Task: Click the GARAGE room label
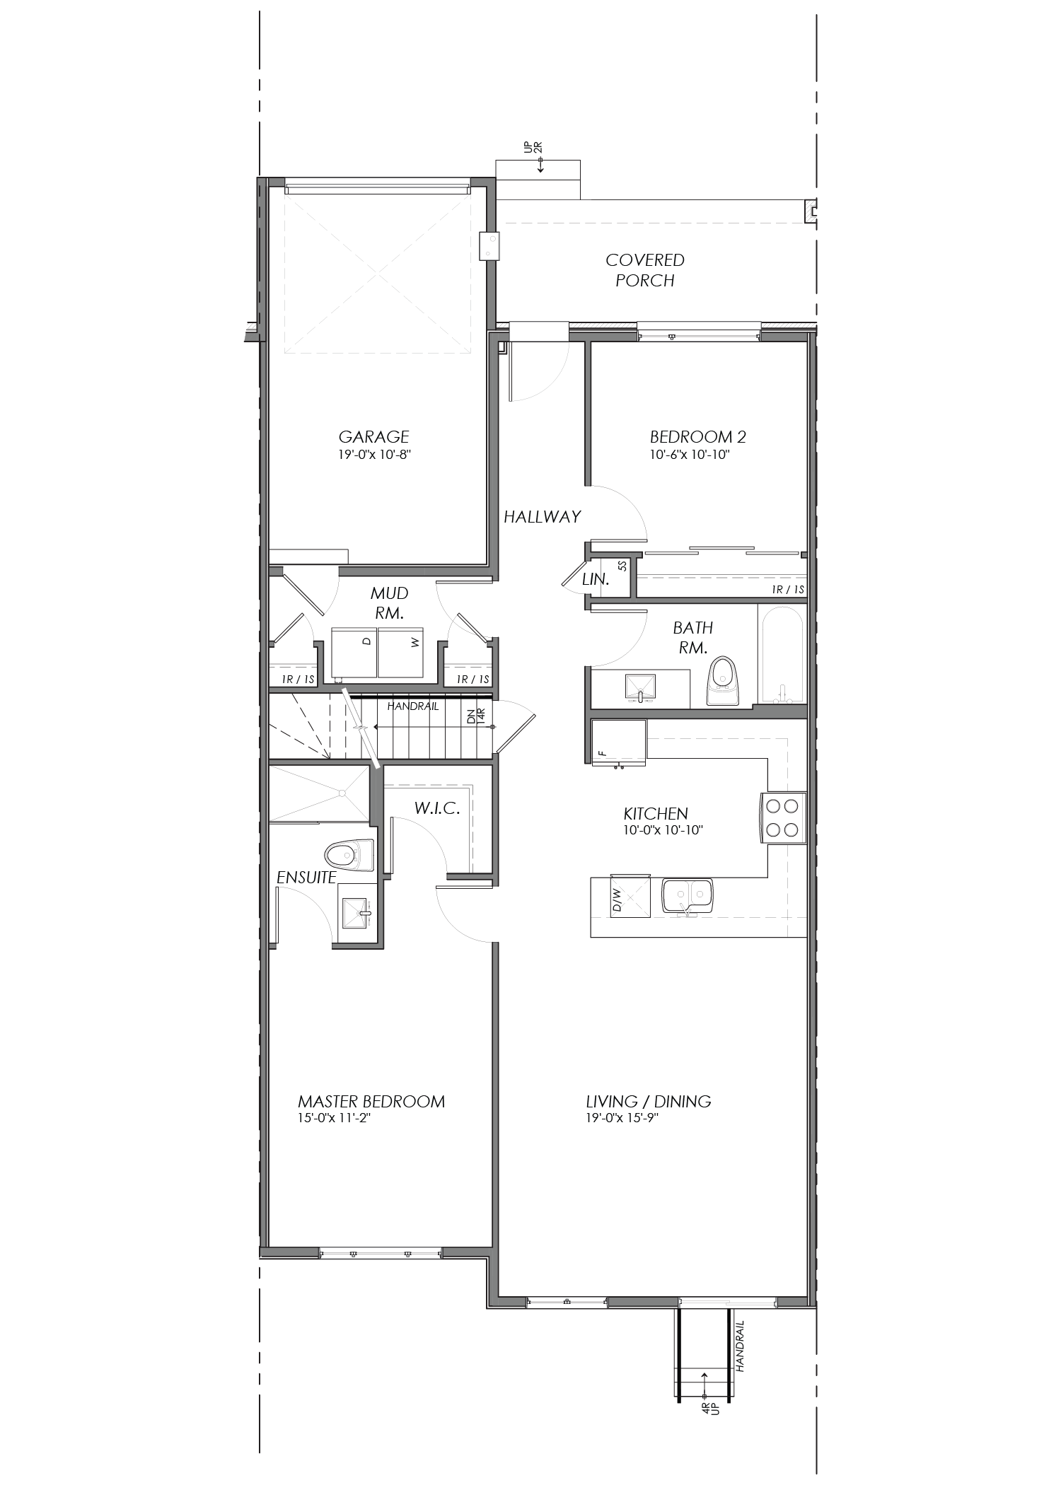[373, 436]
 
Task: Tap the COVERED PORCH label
[644, 270]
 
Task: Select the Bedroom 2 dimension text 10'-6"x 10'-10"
[689, 454]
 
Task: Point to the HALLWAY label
[542, 517]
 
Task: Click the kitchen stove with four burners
[783, 818]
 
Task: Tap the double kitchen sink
[687, 896]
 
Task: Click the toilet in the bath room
[723, 680]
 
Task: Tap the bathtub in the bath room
[782, 654]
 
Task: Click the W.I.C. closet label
[437, 808]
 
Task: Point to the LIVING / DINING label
[649, 1101]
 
